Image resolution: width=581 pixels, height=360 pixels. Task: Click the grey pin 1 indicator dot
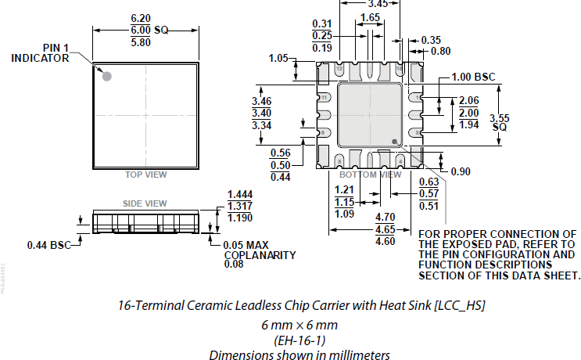[x=107, y=76]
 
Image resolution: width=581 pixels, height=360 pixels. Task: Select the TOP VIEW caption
[x=145, y=175]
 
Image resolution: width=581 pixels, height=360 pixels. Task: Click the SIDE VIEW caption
[x=145, y=203]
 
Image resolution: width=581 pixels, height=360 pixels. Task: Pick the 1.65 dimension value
[x=371, y=17]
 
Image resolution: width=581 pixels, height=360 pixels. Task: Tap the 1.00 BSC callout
[x=474, y=77]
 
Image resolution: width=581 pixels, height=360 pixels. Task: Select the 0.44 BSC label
[x=48, y=245]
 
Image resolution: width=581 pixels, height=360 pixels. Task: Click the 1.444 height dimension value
[x=240, y=194]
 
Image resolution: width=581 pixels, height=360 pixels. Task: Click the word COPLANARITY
[x=259, y=254]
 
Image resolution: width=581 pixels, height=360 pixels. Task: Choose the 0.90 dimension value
[x=461, y=171]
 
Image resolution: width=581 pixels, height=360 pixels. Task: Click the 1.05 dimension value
[x=278, y=58]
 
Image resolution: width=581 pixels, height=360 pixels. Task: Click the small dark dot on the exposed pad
[x=396, y=142]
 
